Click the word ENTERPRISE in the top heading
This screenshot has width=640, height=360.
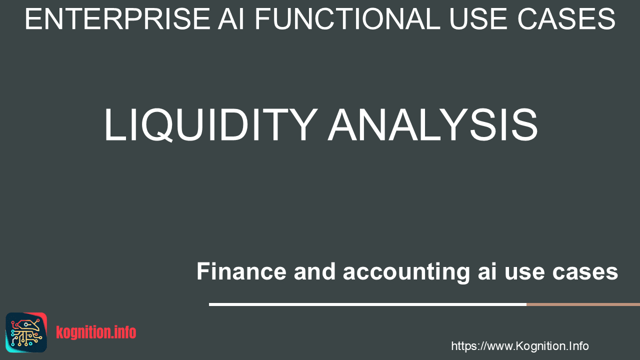(x=117, y=19)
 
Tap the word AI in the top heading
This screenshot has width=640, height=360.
(x=231, y=19)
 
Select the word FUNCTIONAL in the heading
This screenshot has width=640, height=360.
(x=347, y=19)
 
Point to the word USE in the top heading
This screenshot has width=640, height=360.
(x=479, y=19)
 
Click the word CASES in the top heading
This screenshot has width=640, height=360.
(x=566, y=19)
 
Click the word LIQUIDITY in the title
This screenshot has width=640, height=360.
(x=211, y=125)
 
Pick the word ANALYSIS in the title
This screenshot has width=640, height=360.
(x=433, y=125)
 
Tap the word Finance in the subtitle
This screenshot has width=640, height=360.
(x=241, y=271)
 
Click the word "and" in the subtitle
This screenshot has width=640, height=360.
(x=314, y=271)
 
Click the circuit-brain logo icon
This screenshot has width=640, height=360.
(x=26, y=332)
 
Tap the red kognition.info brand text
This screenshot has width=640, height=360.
(x=96, y=332)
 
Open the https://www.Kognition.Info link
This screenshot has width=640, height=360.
(x=519, y=346)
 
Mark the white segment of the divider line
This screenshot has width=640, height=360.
(x=367, y=304)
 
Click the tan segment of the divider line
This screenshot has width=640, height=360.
(x=583, y=304)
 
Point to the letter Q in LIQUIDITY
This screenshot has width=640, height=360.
(x=157, y=125)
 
